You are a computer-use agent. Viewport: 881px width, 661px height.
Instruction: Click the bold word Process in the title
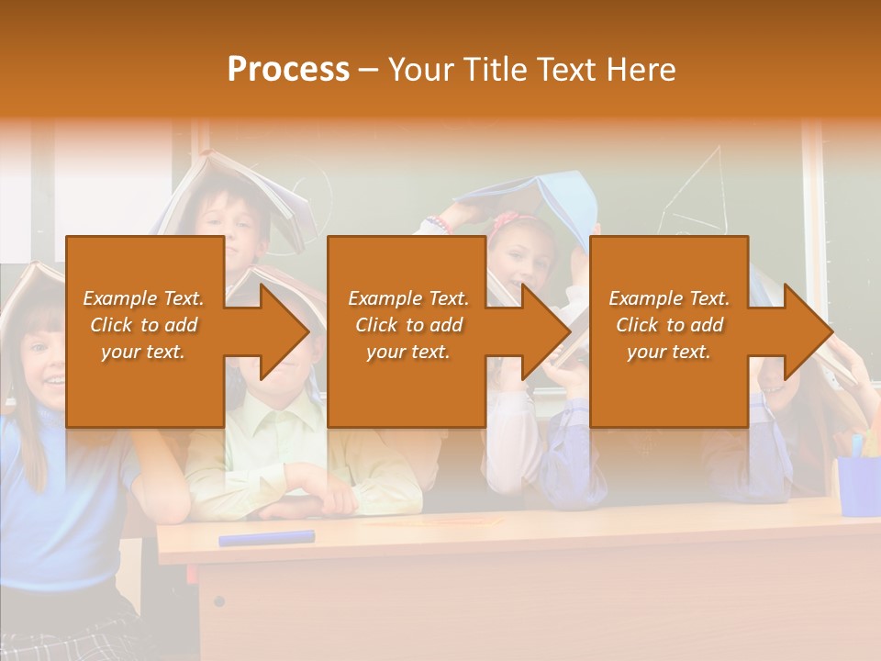pos(288,70)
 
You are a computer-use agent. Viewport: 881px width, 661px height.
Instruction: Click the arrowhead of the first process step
pos(284,331)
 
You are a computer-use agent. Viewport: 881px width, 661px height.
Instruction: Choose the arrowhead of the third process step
pos(809,331)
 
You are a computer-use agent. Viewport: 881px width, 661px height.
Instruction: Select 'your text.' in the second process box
pos(407,352)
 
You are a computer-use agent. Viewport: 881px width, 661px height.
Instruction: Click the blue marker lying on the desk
pos(266,537)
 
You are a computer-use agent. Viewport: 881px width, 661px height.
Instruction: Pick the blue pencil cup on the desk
pos(858,485)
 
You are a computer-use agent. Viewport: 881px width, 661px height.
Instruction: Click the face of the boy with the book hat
pos(233,225)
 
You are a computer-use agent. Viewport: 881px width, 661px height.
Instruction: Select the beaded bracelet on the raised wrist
pos(440,224)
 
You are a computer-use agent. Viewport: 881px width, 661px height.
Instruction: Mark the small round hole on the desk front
pos(218,601)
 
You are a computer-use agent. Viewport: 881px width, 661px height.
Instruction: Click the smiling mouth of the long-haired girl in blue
pos(55,378)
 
